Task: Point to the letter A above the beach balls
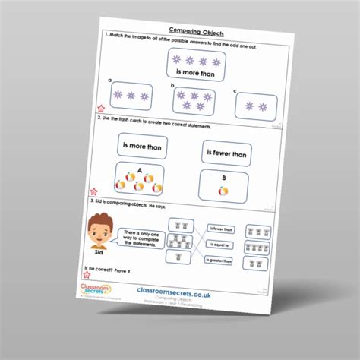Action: tap(140, 170)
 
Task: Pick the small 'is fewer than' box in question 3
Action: tap(223, 229)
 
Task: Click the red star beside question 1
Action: tap(93, 110)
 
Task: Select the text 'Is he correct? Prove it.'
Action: tap(109, 269)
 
